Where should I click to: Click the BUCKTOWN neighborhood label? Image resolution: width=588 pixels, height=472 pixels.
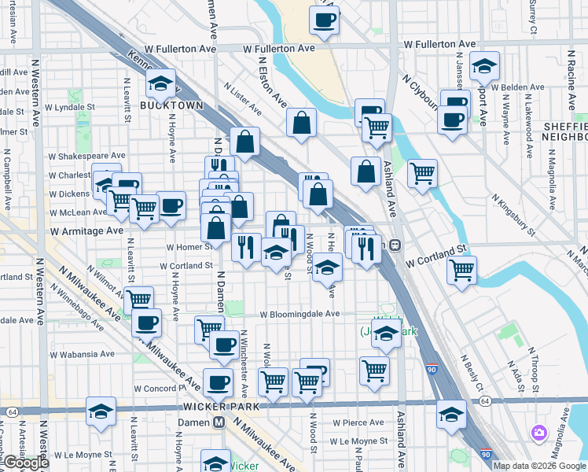click(x=171, y=105)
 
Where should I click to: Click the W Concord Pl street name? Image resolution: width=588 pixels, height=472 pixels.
click(x=165, y=389)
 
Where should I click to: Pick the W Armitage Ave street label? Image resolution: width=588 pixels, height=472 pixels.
click(x=87, y=231)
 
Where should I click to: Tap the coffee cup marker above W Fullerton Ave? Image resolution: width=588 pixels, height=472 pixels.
click(x=323, y=21)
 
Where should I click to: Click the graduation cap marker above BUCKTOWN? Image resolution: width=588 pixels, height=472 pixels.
click(x=160, y=83)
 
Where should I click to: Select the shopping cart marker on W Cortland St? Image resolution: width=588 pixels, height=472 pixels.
click(x=461, y=270)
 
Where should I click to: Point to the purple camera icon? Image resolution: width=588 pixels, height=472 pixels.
click(x=538, y=433)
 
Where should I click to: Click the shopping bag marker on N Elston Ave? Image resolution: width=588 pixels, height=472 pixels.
click(x=301, y=123)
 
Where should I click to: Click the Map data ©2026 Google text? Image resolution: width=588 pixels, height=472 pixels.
click(x=539, y=465)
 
